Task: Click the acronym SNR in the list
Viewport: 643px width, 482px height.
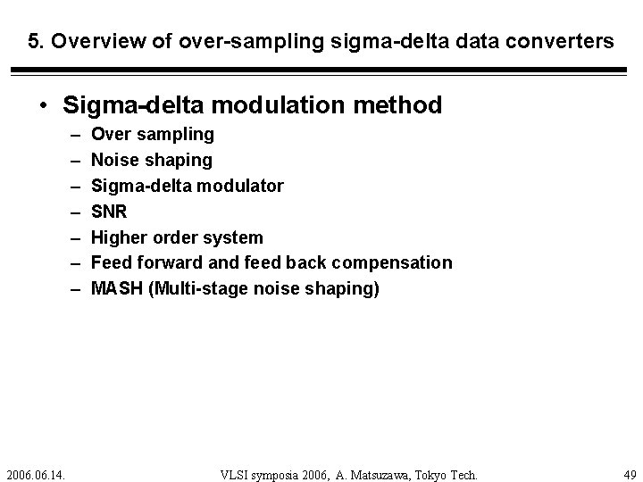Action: click(x=109, y=212)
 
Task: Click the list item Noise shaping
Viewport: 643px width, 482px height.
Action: click(x=152, y=160)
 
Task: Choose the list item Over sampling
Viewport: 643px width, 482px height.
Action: click(x=153, y=134)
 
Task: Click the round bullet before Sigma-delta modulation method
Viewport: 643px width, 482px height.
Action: click(x=44, y=106)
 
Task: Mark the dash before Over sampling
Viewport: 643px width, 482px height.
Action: click(x=72, y=135)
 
